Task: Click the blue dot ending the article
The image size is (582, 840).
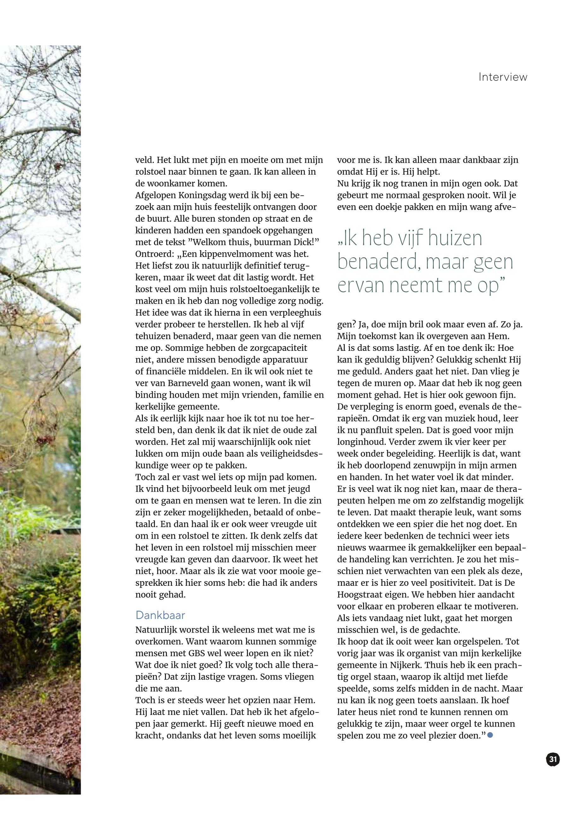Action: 490,735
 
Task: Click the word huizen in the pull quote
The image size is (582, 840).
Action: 455,238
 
